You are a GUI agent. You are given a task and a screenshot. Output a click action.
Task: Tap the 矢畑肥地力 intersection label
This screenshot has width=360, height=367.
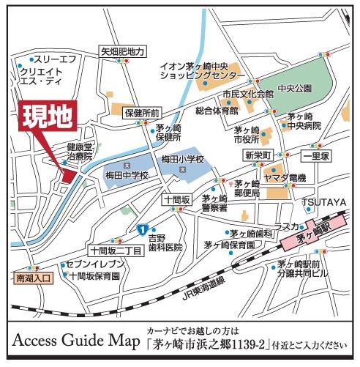pyautogui.click(x=123, y=52)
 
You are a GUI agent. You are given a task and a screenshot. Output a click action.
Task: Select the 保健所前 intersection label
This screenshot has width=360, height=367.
pyautogui.click(x=143, y=114)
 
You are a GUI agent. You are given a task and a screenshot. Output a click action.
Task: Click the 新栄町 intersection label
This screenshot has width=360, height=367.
pyautogui.click(x=258, y=156)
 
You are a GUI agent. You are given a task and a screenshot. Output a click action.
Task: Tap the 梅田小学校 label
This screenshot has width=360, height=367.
pyautogui.click(x=183, y=160)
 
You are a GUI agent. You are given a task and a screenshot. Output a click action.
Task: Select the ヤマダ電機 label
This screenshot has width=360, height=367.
pyautogui.click(x=285, y=179)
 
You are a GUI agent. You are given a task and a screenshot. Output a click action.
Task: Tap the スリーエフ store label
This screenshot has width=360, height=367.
pyautogui.click(x=55, y=59)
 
